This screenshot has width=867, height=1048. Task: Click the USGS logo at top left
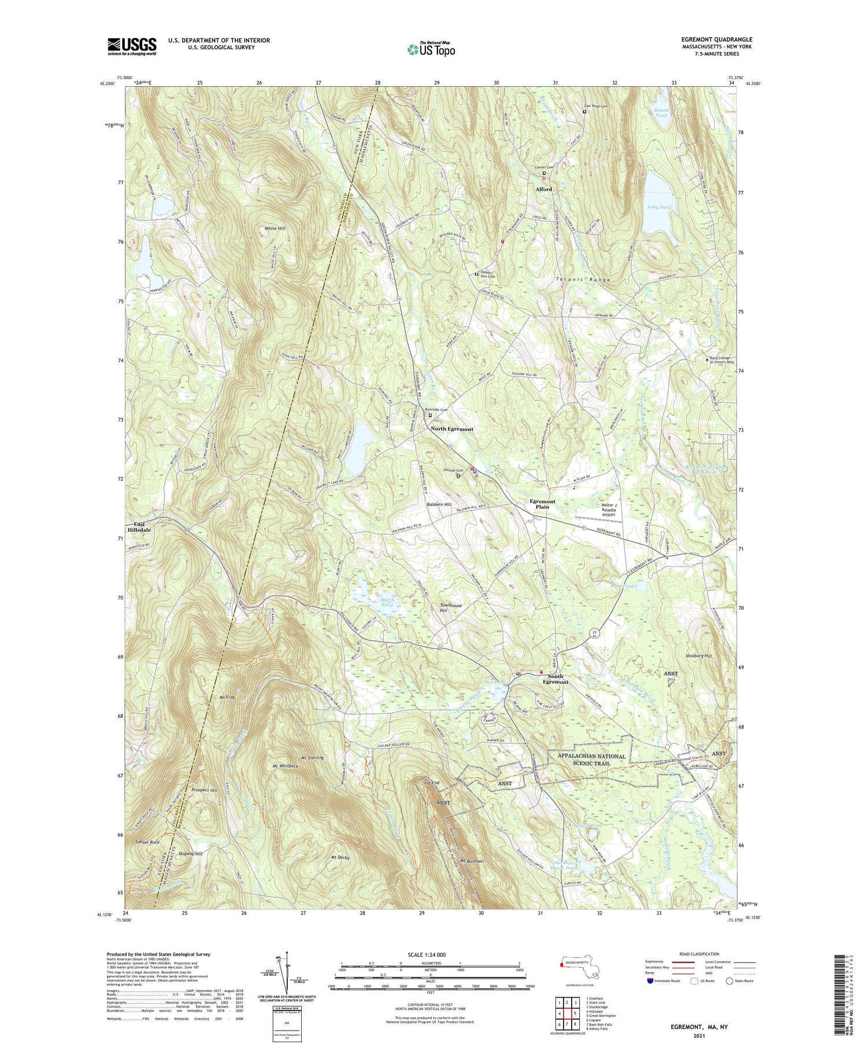coord(132,46)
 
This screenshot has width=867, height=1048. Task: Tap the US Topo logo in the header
coord(431,49)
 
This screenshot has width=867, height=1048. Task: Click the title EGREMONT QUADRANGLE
coord(717,39)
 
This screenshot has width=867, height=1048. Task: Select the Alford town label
coord(543,189)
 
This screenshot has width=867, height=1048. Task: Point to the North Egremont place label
coord(451,429)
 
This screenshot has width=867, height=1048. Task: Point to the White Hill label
coord(275,228)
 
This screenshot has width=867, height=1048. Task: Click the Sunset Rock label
coord(147,843)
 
